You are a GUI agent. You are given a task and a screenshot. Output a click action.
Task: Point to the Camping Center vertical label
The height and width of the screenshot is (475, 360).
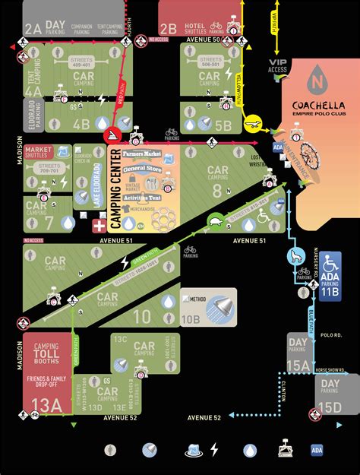point(115,188)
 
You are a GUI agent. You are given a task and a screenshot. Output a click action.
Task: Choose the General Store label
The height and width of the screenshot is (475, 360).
point(144,168)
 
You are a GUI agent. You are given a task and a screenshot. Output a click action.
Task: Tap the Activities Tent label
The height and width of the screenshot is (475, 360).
point(144,198)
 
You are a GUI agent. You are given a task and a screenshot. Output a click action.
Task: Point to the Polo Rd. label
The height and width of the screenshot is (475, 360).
point(332,334)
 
